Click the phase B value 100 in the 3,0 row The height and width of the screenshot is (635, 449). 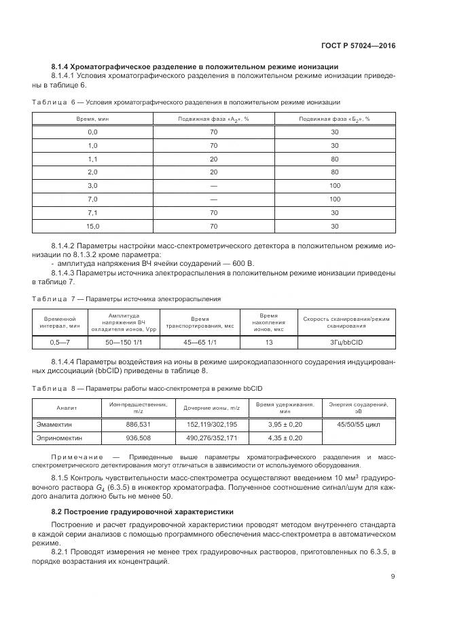(334, 185)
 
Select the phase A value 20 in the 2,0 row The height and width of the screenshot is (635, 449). (213, 172)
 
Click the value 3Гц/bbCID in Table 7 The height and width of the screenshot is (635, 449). (346, 343)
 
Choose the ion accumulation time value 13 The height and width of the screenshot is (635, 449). (270, 343)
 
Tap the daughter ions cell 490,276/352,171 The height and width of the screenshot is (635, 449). (212, 438)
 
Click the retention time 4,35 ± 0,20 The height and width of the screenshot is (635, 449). (285, 438)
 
